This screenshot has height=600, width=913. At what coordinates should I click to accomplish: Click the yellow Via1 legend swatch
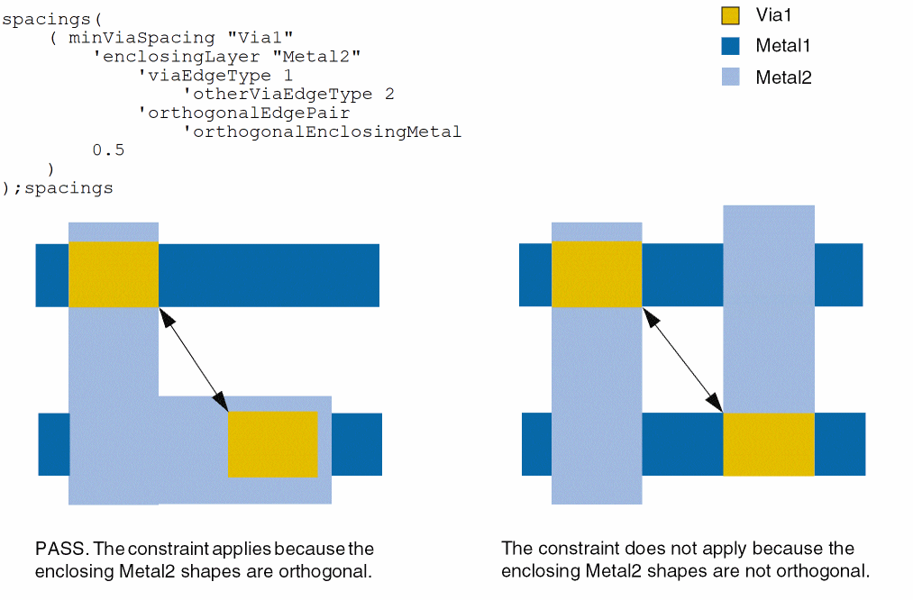point(731,15)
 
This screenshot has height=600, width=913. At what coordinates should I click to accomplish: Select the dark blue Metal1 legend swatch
point(731,46)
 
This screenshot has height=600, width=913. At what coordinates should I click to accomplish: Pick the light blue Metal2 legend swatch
point(731,77)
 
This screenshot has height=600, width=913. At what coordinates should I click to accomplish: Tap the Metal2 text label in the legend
point(783,77)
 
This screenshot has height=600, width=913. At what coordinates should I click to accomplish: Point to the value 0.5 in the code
point(108,150)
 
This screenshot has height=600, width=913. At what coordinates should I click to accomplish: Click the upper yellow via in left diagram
point(114,274)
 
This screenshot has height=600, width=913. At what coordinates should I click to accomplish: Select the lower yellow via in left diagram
point(273,444)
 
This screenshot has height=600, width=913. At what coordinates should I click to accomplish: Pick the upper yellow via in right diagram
point(597,274)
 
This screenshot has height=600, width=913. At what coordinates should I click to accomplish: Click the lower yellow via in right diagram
point(769,444)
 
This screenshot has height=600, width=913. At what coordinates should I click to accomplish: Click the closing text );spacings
point(59,188)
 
